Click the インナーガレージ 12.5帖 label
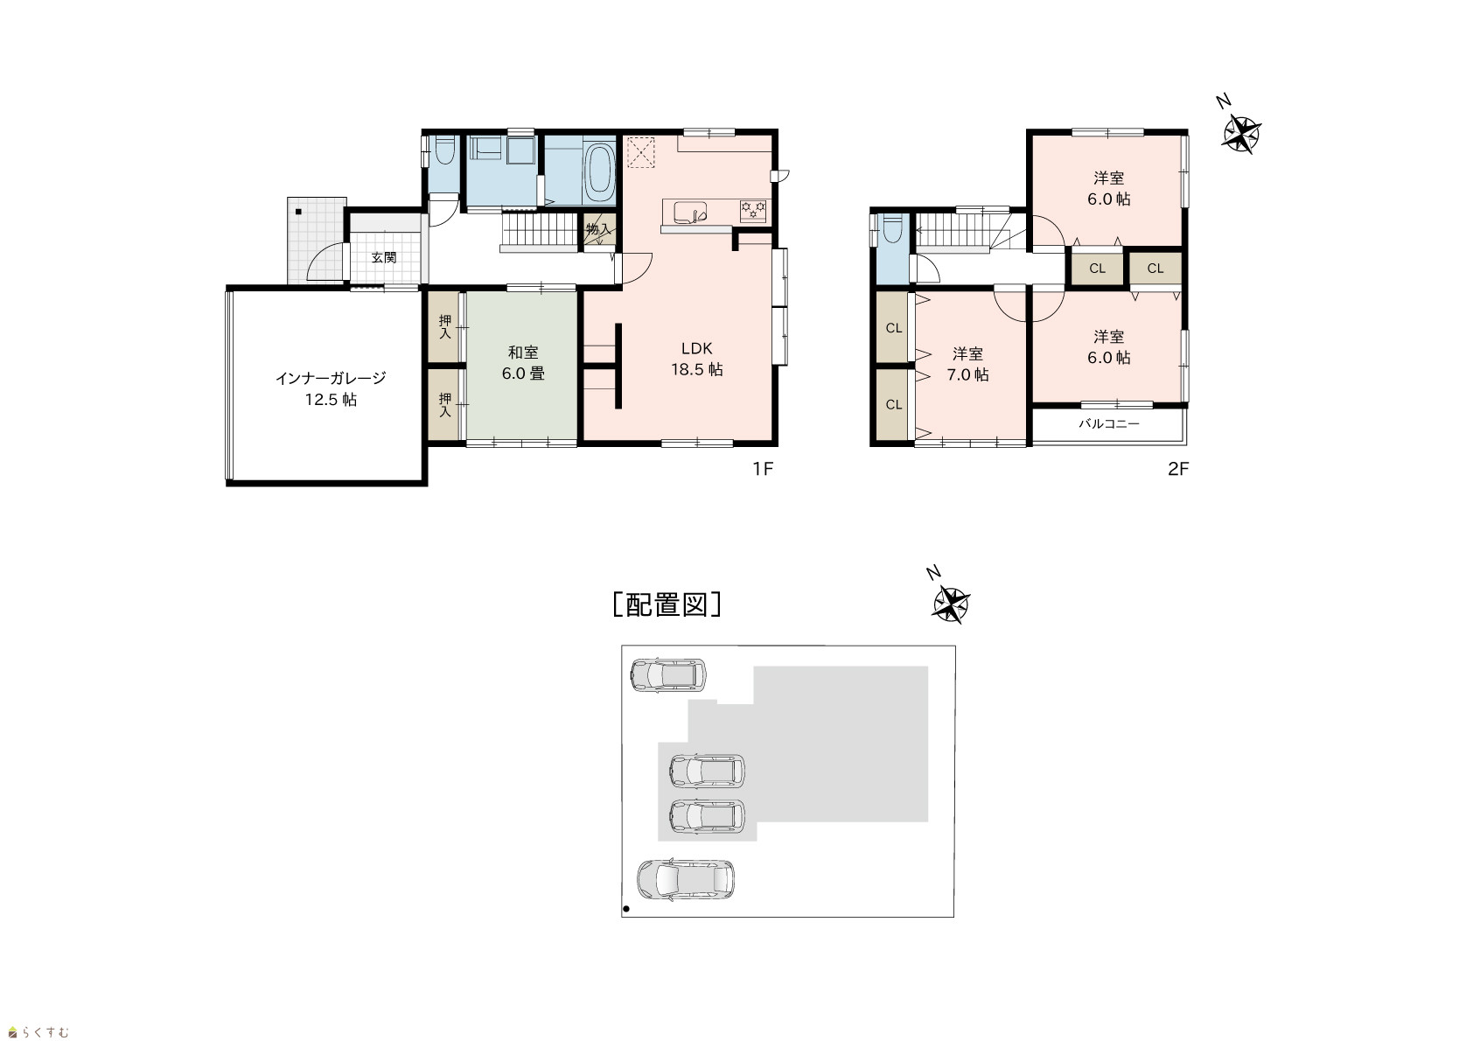click(x=331, y=388)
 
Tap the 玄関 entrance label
click(x=384, y=258)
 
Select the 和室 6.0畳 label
click(x=523, y=363)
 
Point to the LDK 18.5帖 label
click(x=697, y=359)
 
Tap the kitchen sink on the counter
click(x=690, y=213)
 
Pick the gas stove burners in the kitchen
click(x=754, y=211)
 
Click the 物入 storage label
click(x=598, y=229)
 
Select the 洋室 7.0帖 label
click(x=968, y=364)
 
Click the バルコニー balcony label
click(x=1109, y=424)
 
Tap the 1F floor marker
click(x=763, y=469)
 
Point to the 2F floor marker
click(x=1178, y=469)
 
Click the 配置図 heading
click(x=667, y=604)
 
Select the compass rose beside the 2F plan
click(x=1241, y=136)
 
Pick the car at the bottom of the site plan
click(x=685, y=879)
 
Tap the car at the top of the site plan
click(x=668, y=675)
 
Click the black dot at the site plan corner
click(x=626, y=909)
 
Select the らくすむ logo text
click(x=38, y=1032)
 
